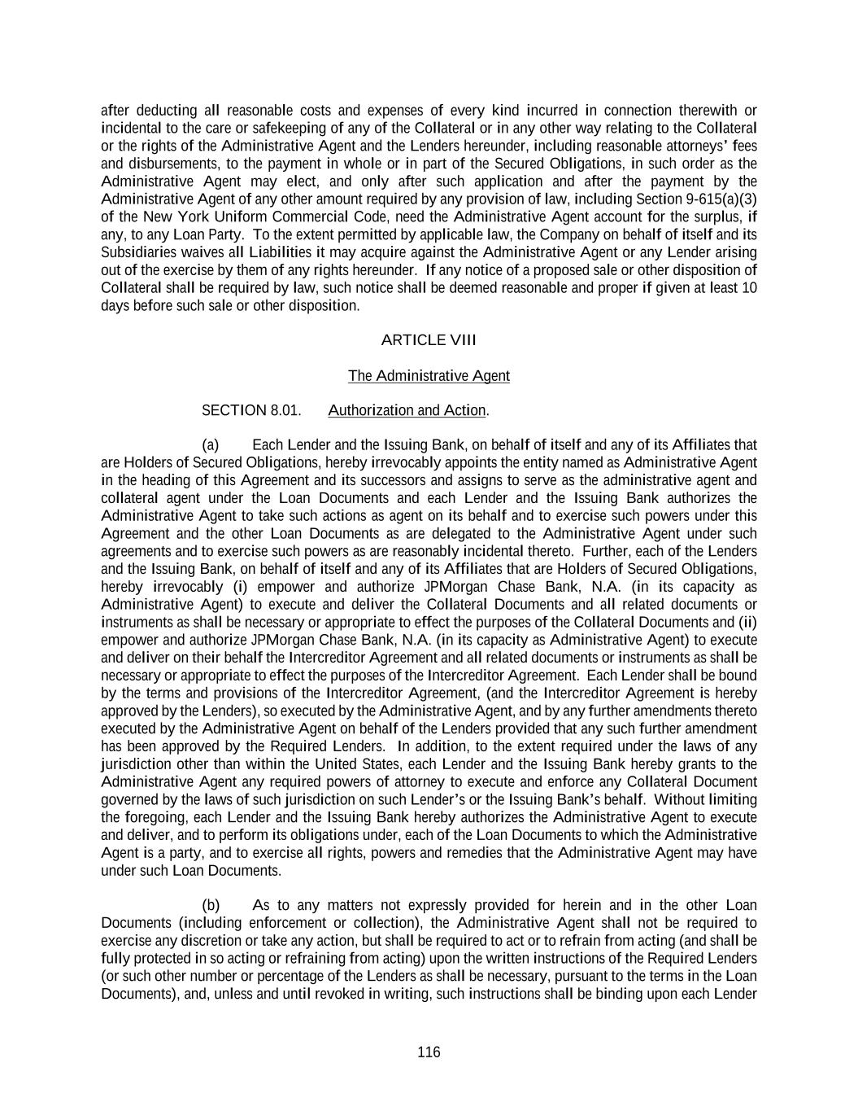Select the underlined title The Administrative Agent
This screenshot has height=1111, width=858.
pyautogui.click(x=429, y=375)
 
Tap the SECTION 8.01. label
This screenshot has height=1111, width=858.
pyautogui.click(x=251, y=410)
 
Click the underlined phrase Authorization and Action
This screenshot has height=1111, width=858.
pyautogui.click(x=407, y=410)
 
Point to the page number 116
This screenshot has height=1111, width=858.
pyautogui.click(x=429, y=1052)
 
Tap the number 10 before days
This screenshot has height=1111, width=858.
pyautogui.click(x=749, y=287)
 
